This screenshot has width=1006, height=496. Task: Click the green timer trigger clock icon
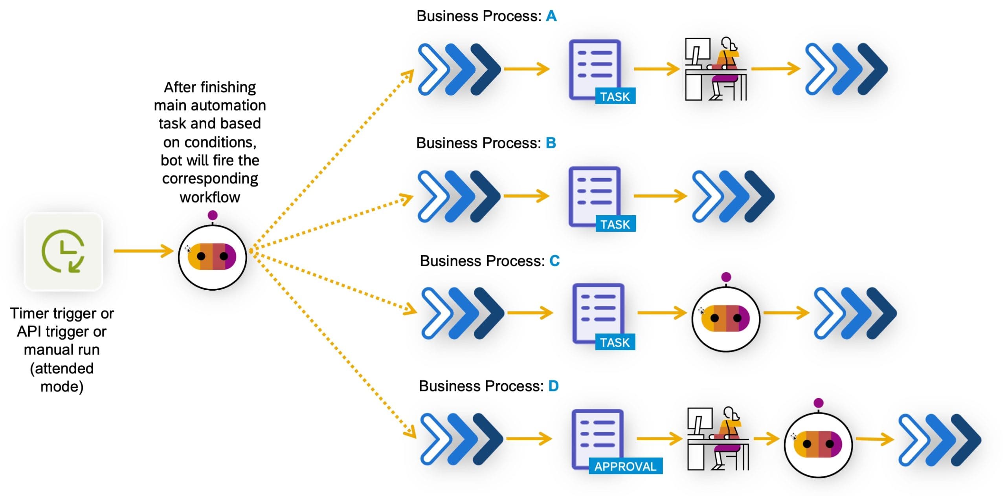(x=63, y=252)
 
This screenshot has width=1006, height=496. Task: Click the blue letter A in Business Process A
(x=551, y=16)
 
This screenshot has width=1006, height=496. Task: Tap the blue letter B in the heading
(x=551, y=143)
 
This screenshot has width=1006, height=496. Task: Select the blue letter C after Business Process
(x=554, y=261)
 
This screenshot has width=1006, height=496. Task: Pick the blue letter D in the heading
(x=553, y=386)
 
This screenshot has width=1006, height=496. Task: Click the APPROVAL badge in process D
(x=625, y=466)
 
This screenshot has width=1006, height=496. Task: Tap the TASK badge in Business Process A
(x=615, y=97)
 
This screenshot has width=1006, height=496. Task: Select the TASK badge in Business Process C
(x=615, y=342)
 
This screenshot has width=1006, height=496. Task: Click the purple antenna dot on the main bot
(x=213, y=215)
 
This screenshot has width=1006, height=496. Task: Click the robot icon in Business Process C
(x=725, y=318)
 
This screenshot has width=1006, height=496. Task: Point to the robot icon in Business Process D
(x=818, y=444)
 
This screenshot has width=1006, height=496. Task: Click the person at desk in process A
(x=716, y=69)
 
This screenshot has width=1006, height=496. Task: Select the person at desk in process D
(x=718, y=439)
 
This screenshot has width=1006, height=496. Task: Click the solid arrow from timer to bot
(x=143, y=251)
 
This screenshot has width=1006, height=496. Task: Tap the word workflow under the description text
(x=210, y=197)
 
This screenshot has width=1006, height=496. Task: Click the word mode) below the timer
(x=62, y=387)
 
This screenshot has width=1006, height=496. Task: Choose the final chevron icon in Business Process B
(x=733, y=196)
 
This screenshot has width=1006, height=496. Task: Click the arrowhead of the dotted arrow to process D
(x=411, y=432)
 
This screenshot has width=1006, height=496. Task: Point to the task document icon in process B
(x=595, y=196)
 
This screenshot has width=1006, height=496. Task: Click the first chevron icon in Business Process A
(x=459, y=69)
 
